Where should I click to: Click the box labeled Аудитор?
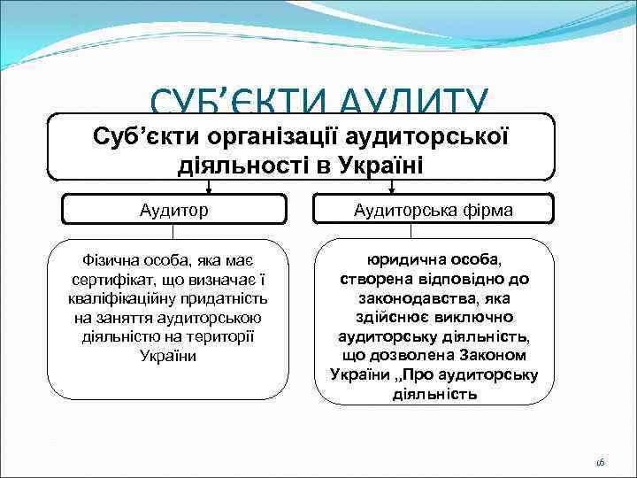click(173, 210)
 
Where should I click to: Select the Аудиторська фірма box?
click(434, 210)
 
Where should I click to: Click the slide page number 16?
click(600, 462)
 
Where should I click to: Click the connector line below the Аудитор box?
click(173, 230)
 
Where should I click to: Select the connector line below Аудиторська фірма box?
click(434, 230)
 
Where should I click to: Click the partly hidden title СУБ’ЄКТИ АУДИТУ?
click(318, 99)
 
